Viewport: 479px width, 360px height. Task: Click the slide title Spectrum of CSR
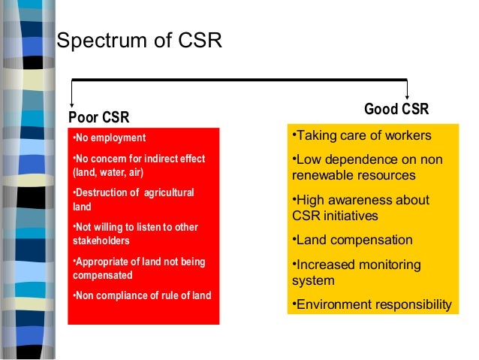coord(140,40)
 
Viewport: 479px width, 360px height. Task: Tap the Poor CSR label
coord(98,117)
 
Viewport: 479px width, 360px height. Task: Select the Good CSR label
coord(396,110)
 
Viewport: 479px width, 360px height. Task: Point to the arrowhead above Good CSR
coord(406,95)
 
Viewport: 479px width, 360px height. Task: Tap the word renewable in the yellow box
coord(320,176)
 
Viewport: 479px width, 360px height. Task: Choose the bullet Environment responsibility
coord(371,304)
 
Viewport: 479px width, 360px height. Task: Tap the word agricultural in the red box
coord(168,193)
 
